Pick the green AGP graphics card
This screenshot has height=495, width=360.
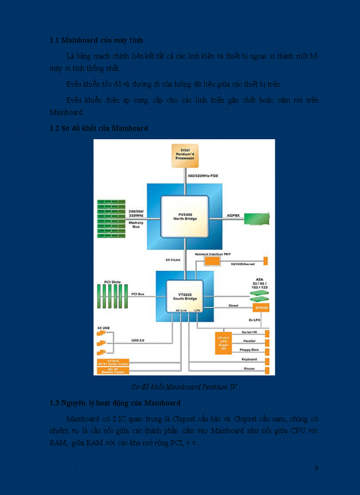[256, 219]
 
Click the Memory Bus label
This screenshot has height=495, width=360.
[136, 225]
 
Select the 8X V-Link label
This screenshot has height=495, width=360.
[172, 260]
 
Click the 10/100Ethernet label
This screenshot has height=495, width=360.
[243, 264]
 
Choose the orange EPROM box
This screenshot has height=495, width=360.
[260, 307]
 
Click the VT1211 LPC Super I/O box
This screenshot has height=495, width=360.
[224, 342]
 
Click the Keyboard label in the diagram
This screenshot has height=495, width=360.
[249, 359]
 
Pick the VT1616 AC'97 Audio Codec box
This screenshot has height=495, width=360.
[112, 362]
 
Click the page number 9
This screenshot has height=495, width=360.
[316, 468]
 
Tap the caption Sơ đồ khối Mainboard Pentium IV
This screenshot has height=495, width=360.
[184, 387]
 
